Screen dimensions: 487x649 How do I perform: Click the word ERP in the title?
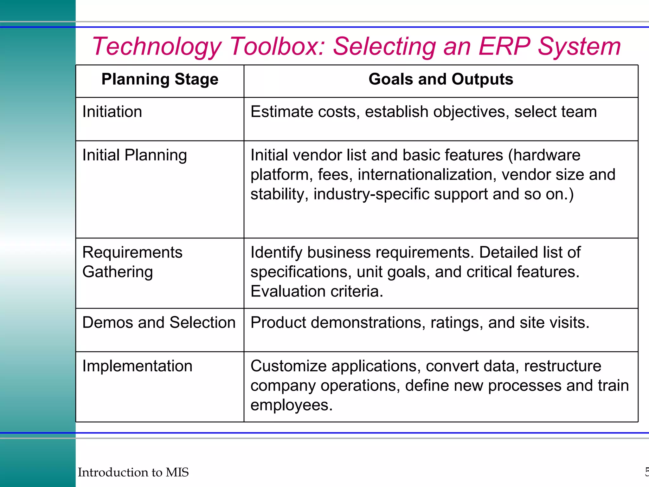[504, 46]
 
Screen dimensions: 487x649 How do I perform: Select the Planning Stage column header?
[160, 79]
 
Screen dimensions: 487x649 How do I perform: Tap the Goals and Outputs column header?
[440, 79]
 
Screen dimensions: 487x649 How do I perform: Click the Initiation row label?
[112, 112]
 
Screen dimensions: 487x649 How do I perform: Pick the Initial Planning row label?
[134, 155]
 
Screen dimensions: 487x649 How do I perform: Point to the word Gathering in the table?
[118, 272]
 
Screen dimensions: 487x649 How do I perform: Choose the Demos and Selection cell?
[159, 323]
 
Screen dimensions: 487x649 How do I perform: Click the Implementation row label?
[137, 366]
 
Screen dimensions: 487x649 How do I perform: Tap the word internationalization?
[427, 175]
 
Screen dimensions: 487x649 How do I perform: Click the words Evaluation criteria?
[317, 291]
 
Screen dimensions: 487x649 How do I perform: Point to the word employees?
[291, 405]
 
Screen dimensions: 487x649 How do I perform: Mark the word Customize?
[288, 366]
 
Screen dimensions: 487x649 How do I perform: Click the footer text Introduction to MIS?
[133, 472]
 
